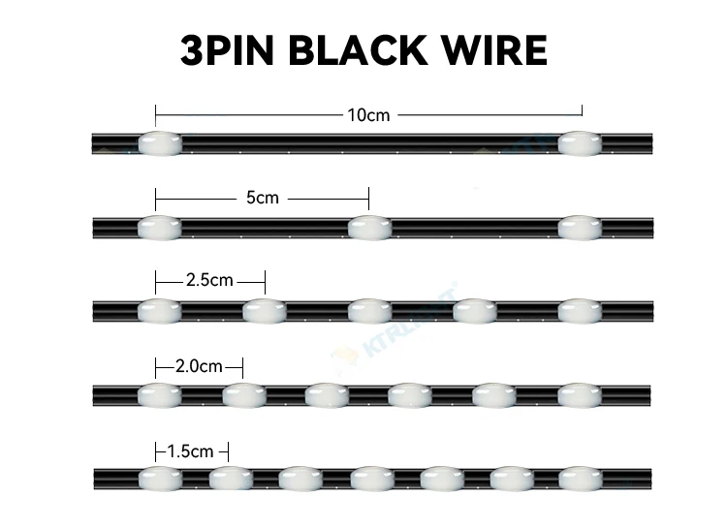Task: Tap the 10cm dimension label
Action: tap(368, 115)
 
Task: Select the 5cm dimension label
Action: tap(262, 198)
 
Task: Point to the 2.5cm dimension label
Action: tap(209, 281)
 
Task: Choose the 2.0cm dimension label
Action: tap(199, 366)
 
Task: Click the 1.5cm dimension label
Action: tap(190, 451)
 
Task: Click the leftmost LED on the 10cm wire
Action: tap(159, 143)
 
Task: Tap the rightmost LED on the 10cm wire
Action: tap(580, 143)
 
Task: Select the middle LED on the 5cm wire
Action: tap(369, 228)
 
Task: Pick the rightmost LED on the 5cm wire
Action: tap(580, 228)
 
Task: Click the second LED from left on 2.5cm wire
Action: tap(265, 311)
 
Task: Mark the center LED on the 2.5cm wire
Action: tap(369, 311)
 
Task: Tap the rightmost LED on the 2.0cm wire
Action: tap(580, 395)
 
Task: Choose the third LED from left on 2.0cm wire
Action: tap(327, 395)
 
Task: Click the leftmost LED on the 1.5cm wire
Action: tap(159, 479)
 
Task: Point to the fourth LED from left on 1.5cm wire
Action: tap(369, 479)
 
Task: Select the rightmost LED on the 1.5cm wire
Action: tap(580, 479)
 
